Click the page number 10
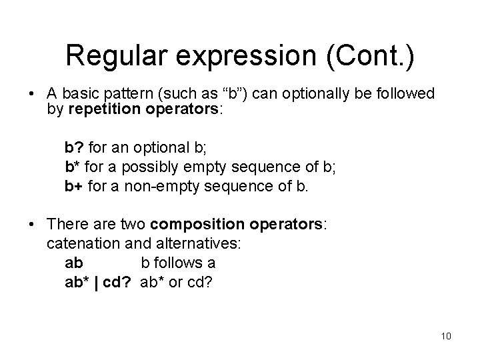point(446,335)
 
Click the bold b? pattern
point(72,146)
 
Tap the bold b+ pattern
point(73,185)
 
